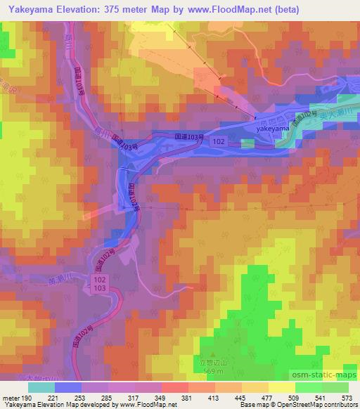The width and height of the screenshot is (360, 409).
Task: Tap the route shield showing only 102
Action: point(219,141)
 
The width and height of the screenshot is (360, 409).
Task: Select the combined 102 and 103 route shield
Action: point(99,285)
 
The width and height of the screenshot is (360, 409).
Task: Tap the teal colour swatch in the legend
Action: point(41,387)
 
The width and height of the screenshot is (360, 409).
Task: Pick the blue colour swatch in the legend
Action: point(68,387)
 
